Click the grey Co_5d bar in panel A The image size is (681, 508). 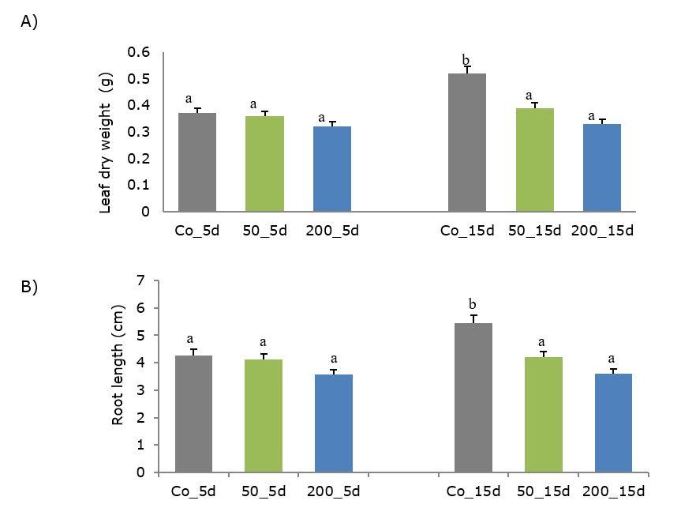pyautogui.click(x=197, y=162)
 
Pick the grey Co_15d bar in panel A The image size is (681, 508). pyautogui.click(x=467, y=142)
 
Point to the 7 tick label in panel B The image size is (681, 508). pyautogui.click(x=140, y=280)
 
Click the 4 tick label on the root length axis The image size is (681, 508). pyautogui.click(x=140, y=363)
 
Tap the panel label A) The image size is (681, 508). pyautogui.click(x=29, y=21)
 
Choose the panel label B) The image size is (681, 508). pyautogui.click(x=29, y=287)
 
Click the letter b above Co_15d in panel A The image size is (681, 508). pyautogui.click(x=466, y=60)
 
